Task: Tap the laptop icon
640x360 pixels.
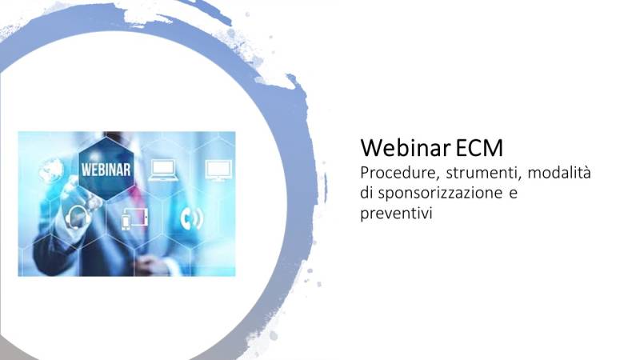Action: [x=164, y=170]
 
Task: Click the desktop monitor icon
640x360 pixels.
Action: [x=217, y=170]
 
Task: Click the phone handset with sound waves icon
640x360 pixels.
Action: [x=191, y=217]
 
